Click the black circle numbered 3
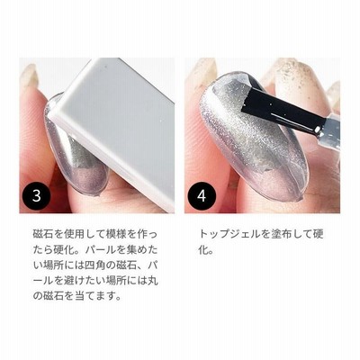[37, 195]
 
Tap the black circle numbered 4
[202, 195]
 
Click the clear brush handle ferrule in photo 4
[330, 130]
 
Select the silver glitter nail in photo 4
[254, 137]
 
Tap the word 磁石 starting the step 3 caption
[40, 234]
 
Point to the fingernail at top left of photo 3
[30, 75]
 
